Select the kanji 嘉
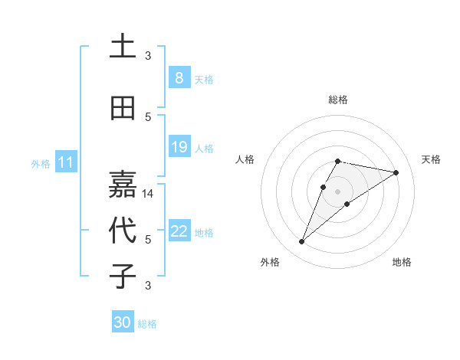pyautogui.click(x=123, y=184)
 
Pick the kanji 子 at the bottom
pyautogui.click(x=123, y=276)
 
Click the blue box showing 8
pyautogui.click(x=179, y=77)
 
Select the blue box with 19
pyautogui.click(x=179, y=147)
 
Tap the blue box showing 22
pyautogui.click(x=179, y=231)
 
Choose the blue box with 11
pyautogui.click(x=66, y=162)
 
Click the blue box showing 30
pyautogui.click(x=123, y=322)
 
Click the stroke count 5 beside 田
pyautogui.click(x=148, y=116)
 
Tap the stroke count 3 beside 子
pyautogui.click(x=148, y=286)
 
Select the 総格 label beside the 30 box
pyautogui.click(x=147, y=324)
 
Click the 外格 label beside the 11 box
pyautogui.click(x=41, y=163)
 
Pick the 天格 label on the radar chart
pyautogui.click(x=432, y=159)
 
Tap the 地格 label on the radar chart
pyautogui.click(x=402, y=262)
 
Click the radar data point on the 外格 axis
pyautogui.click(x=301, y=242)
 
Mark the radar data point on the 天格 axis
pyautogui.click(x=396, y=172)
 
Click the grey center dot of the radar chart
pyautogui.click(x=337, y=191)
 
